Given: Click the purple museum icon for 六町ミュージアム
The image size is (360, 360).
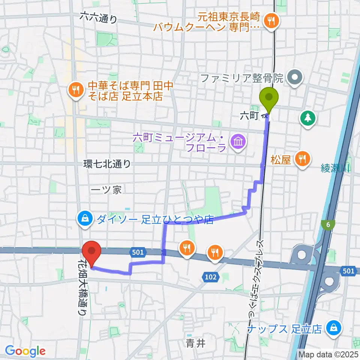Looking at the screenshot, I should click(238, 142).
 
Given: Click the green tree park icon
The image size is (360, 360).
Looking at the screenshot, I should click(307, 119).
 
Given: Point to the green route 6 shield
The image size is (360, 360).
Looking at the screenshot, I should click(328, 224).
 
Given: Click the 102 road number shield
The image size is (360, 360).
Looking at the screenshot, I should click(211, 277).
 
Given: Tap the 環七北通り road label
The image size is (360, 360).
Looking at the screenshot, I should click(107, 164).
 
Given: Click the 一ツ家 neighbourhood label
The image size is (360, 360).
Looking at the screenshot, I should click(106, 190).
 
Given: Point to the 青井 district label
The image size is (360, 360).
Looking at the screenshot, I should click(195, 343).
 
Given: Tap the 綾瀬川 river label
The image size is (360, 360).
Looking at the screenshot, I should click(334, 169).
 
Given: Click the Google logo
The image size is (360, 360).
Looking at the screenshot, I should click(25, 351).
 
